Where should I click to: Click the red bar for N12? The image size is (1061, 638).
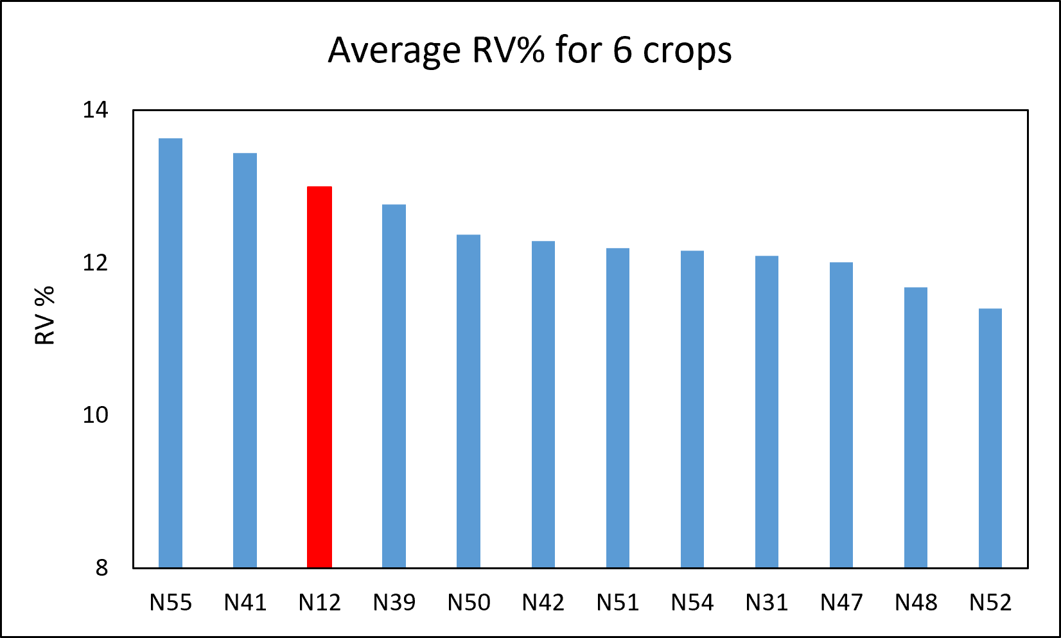point(319,377)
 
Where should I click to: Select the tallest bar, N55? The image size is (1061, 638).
point(171,353)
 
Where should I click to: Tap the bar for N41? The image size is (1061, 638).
point(245,360)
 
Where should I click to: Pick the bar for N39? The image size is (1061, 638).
point(394,386)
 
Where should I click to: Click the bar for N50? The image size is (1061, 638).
point(468,401)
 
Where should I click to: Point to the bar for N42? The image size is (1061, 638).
point(543,404)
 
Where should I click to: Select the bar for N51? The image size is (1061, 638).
point(618,407)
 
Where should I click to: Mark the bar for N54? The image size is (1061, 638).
point(692,409)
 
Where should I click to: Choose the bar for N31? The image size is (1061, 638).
point(767,411)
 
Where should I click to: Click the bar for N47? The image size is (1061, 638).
point(841,415)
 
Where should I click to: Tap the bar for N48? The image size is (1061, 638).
point(916,427)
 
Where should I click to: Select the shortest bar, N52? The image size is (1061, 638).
point(990,438)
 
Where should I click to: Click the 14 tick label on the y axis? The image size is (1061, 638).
point(95,110)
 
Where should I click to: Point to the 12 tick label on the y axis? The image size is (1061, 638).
point(95,263)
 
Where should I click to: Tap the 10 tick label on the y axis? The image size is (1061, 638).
point(95,415)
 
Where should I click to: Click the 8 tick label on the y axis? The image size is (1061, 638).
point(102,568)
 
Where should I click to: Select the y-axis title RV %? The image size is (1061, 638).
point(45,315)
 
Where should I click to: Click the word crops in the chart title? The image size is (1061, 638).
point(687,51)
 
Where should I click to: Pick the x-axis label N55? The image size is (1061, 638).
point(171,603)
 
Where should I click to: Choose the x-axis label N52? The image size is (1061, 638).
point(990,603)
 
